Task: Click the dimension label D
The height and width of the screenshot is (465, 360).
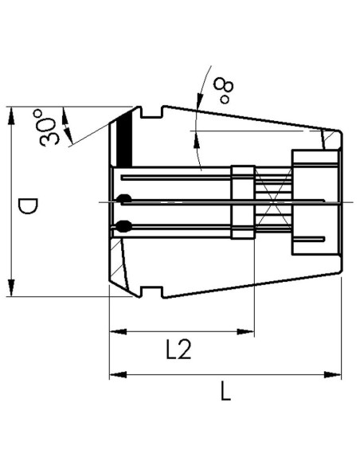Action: click(x=28, y=206)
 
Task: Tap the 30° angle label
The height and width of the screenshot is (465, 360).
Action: click(x=47, y=127)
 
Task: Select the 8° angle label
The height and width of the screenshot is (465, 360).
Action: click(x=224, y=90)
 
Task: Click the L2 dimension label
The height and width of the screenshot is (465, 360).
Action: click(x=178, y=349)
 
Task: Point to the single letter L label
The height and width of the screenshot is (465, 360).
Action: click(x=226, y=391)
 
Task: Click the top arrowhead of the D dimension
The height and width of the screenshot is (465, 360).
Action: click(x=12, y=115)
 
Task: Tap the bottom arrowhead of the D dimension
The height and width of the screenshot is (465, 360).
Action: click(x=12, y=287)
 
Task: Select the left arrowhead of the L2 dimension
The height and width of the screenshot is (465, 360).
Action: click(x=119, y=331)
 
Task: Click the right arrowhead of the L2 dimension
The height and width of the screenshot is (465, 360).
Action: click(x=246, y=331)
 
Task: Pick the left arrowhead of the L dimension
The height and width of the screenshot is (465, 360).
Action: click(x=119, y=375)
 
